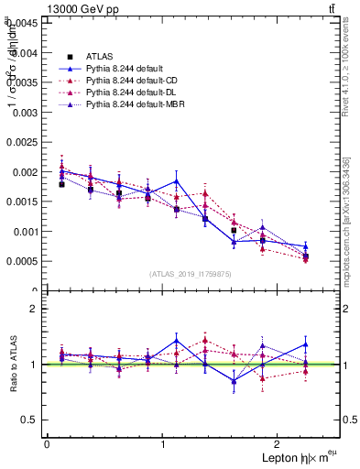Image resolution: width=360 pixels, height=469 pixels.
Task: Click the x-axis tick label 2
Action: tap(278, 443)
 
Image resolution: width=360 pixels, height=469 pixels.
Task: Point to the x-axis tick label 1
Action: tap(163, 443)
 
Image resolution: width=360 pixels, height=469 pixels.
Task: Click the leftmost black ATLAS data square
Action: tap(61, 184)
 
